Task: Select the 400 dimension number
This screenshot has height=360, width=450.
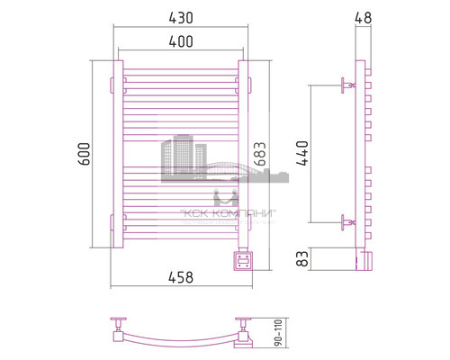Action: coord(179,42)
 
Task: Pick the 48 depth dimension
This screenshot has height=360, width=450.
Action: coord(363,16)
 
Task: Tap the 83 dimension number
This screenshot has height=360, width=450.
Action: coord(301,259)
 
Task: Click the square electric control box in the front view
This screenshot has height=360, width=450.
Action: coord(243,260)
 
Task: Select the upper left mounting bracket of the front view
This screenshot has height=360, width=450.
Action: coord(117,84)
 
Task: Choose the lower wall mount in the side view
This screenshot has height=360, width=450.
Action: coord(346,220)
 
